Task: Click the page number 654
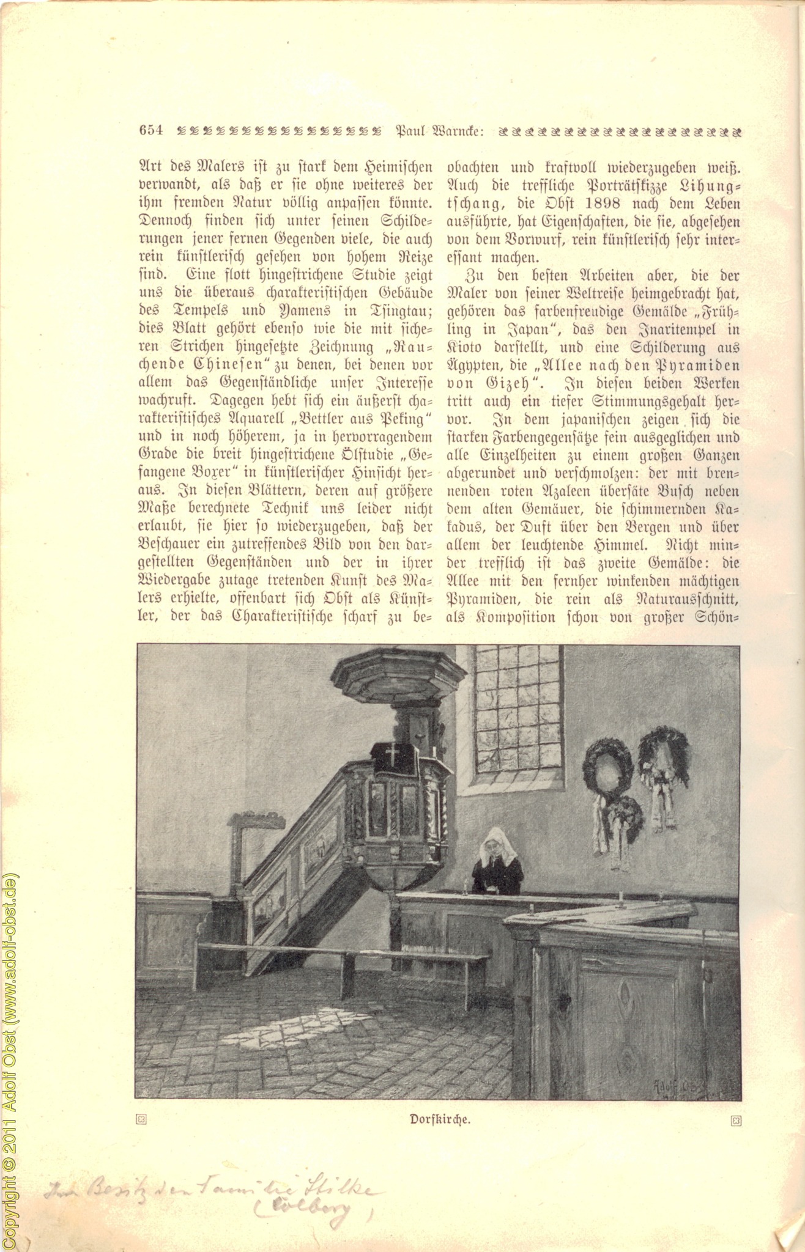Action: coord(151,130)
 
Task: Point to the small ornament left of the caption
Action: coord(141,1119)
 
